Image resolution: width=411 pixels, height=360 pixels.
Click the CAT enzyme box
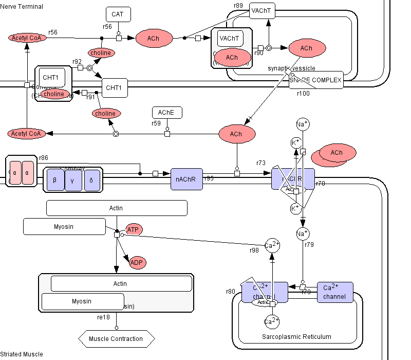click(x=118, y=14)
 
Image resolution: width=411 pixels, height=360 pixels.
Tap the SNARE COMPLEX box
click(x=315, y=80)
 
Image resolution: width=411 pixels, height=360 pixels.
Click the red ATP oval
click(x=134, y=229)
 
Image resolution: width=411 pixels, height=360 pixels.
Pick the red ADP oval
click(x=137, y=263)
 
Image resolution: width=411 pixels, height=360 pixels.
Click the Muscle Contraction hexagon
click(x=116, y=338)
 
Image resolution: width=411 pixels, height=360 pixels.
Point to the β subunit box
click(x=55, y=181)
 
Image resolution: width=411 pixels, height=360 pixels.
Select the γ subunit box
click(x=72, y=181)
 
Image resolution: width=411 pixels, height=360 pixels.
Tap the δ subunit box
click(x=91, y=181)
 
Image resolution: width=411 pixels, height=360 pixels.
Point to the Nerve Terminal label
click(x=22, y=6)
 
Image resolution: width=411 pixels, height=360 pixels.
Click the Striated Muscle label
click(x=22, y=354)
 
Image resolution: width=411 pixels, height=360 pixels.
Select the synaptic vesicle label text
click(x=291, y=68)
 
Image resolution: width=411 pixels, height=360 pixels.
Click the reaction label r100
click(x=303, y=93)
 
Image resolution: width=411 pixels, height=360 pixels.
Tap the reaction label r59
click(x=156, y=123)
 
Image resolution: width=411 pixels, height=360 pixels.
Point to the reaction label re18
click(x=104, y=317)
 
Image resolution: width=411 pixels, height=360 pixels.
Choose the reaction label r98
click(x=254, y=250)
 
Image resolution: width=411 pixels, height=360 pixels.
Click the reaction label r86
click(x=44, y=158)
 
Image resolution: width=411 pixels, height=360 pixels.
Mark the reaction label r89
click(x=238, y=6)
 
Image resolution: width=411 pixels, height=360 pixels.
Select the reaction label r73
click(x=261, y=163)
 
